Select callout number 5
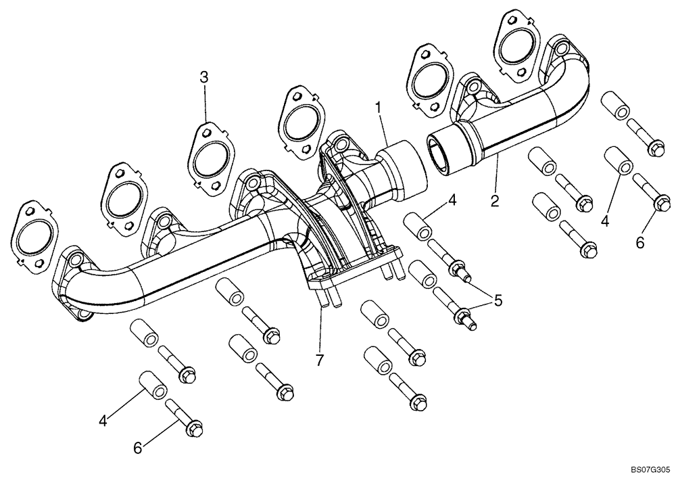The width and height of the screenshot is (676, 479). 498,300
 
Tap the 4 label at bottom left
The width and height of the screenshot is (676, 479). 103,420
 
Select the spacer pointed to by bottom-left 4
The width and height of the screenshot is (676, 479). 153,384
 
